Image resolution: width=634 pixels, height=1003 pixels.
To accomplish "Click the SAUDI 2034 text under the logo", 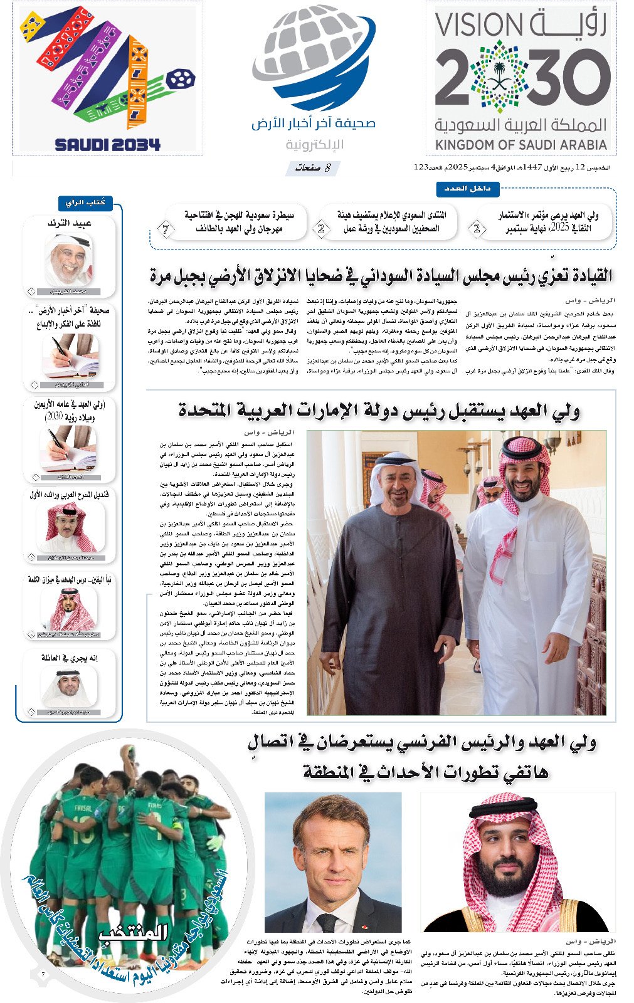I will point(107,144).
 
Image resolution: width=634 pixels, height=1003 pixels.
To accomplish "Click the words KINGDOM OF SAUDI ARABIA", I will point(521,145).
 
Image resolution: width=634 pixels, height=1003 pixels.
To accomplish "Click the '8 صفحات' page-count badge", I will point(314,168).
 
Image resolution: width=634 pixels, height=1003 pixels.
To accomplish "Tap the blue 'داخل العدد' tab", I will point(467,188).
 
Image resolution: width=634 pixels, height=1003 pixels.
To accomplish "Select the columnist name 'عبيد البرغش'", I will point(70,223).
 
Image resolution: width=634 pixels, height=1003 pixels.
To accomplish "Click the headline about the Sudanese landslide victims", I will point(381,275).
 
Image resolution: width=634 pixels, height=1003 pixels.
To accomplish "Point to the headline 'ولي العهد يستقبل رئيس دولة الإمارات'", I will point(379,411).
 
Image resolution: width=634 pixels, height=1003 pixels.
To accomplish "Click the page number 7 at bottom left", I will point(43,974).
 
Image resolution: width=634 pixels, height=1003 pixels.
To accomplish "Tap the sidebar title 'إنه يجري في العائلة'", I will point(70,658).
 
